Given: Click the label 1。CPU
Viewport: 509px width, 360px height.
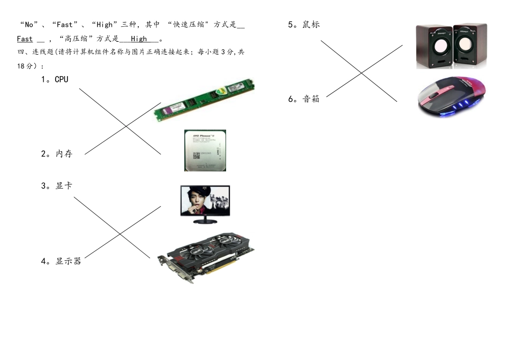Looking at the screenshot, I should (55, 79).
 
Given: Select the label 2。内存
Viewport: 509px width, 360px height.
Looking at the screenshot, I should (57, 154).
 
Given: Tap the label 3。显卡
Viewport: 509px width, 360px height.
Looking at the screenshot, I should (57, 186).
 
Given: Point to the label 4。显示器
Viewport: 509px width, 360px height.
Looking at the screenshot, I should (61, 261).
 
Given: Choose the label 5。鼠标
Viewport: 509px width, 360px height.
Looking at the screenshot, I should (304, 25).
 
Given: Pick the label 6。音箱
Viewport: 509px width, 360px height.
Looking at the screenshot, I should (304, 99).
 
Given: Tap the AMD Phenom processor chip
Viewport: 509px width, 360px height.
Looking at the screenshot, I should (205, 151).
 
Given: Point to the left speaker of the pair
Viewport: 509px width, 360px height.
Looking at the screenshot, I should (433, 47).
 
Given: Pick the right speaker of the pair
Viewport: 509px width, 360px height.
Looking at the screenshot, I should (469, 46).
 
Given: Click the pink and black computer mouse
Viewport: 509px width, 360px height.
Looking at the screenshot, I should (452, 96).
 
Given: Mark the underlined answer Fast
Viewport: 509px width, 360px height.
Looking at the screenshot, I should (25, 39).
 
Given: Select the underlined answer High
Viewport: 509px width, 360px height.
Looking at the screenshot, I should (139, 39).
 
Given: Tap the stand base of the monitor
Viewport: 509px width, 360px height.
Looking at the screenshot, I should (205, 220).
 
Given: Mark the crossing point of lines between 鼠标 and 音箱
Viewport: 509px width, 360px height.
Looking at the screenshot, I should (361, 72).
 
